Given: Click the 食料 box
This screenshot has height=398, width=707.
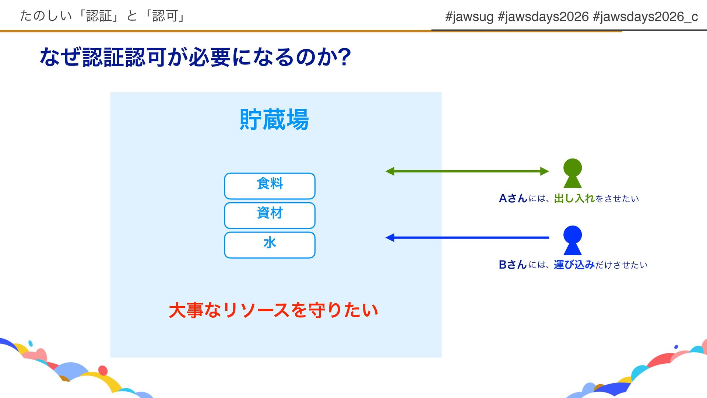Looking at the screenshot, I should [x=270, y=186].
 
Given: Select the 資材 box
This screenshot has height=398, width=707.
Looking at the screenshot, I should [x=270, y=215].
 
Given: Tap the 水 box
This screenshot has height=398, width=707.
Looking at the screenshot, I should [x=270, y=245].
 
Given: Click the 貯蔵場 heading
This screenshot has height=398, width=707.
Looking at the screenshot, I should [x=274, y=119].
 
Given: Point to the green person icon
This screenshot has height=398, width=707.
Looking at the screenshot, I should [x=573, y=173].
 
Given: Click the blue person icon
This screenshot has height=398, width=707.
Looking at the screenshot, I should [x=573, y=240].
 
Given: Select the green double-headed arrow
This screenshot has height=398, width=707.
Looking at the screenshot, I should [x=467, y=171].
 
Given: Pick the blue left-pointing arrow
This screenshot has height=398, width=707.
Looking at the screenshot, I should [x=467, y=238].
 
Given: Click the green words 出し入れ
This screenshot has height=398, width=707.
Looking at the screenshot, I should [x=574, y=198].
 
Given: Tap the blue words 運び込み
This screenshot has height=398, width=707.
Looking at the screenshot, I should [x=574, y=265].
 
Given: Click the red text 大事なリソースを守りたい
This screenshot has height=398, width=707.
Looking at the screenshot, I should [x=274, y=310].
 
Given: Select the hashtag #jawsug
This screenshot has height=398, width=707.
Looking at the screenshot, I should [x=469, y=17].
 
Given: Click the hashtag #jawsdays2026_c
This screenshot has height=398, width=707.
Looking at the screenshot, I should [x=646, y=17].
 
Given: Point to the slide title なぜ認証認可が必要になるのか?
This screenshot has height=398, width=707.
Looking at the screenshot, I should [x=195, y=57].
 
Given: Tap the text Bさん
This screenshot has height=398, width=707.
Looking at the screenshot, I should [x=513, y=265].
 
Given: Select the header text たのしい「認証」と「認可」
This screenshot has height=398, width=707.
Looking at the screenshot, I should [x=102, y=16].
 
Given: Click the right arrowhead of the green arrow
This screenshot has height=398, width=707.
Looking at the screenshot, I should [x=545, y=171].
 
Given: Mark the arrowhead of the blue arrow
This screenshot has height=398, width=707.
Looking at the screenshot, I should [x=390, y=238].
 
